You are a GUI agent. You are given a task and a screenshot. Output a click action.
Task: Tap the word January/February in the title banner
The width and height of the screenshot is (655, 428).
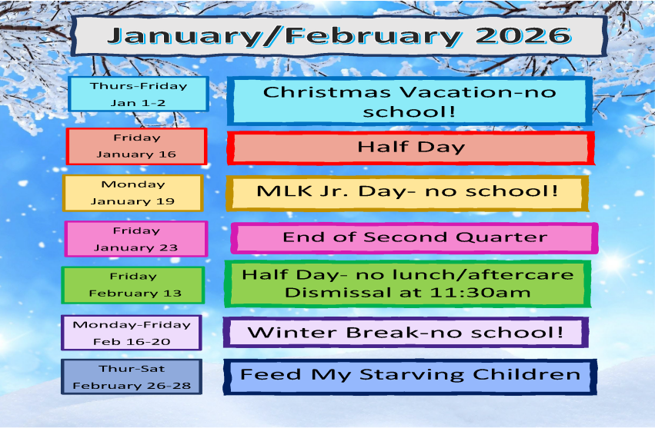pyautogui.click(x=285, y=37)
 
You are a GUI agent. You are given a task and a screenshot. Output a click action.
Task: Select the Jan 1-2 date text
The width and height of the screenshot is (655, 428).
pyautogui.click(x=138, y=103)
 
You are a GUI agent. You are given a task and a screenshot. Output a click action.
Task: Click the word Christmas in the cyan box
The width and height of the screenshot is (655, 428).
pyautogui.click(x=326, y=92)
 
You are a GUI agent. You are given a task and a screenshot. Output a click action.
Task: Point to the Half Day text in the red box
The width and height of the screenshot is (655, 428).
pyautogui.click(x=411, y=147)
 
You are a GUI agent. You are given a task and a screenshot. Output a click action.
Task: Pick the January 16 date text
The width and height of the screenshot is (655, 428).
pyautogui.click(x=136, y=154)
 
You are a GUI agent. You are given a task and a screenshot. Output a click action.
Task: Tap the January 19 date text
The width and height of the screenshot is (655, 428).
pyautogui.click(x=132, y=201)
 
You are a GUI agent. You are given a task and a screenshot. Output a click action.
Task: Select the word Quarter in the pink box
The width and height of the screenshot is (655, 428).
pyautogui.click(x=501, y=237)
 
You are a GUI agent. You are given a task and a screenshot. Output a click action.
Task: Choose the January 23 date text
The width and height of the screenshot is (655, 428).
pyautogui.click(x=135, y=247)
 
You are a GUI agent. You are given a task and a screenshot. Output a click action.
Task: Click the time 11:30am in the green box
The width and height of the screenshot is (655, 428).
pyautogui.click(x=480, y=293)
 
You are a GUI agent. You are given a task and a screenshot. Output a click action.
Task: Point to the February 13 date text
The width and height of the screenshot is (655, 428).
pyautogui.click(x=135, y=294)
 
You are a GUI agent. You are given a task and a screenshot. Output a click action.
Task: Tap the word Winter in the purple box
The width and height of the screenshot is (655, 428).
pyautogui.click(x=292, y=333)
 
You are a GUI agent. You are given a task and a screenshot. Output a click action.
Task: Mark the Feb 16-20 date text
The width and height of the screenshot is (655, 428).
pyautogui.click(x=132, y=342)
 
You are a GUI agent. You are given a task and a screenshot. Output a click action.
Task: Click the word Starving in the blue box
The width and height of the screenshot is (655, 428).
pyautogui.click(x=412, y=375)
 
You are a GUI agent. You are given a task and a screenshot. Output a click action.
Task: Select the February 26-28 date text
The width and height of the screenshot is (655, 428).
pyautogui.click(x=132, y=386)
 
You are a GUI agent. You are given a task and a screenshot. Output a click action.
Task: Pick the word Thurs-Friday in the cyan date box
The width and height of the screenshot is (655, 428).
pyautogui.click(x=139, y=86)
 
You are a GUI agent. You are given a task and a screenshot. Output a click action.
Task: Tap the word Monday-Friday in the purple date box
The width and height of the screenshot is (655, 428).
pyautogui.click(x=132, y=324)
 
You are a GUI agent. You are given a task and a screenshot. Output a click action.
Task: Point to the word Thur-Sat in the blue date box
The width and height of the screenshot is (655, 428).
pyautogui.click(x=132, y=369)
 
